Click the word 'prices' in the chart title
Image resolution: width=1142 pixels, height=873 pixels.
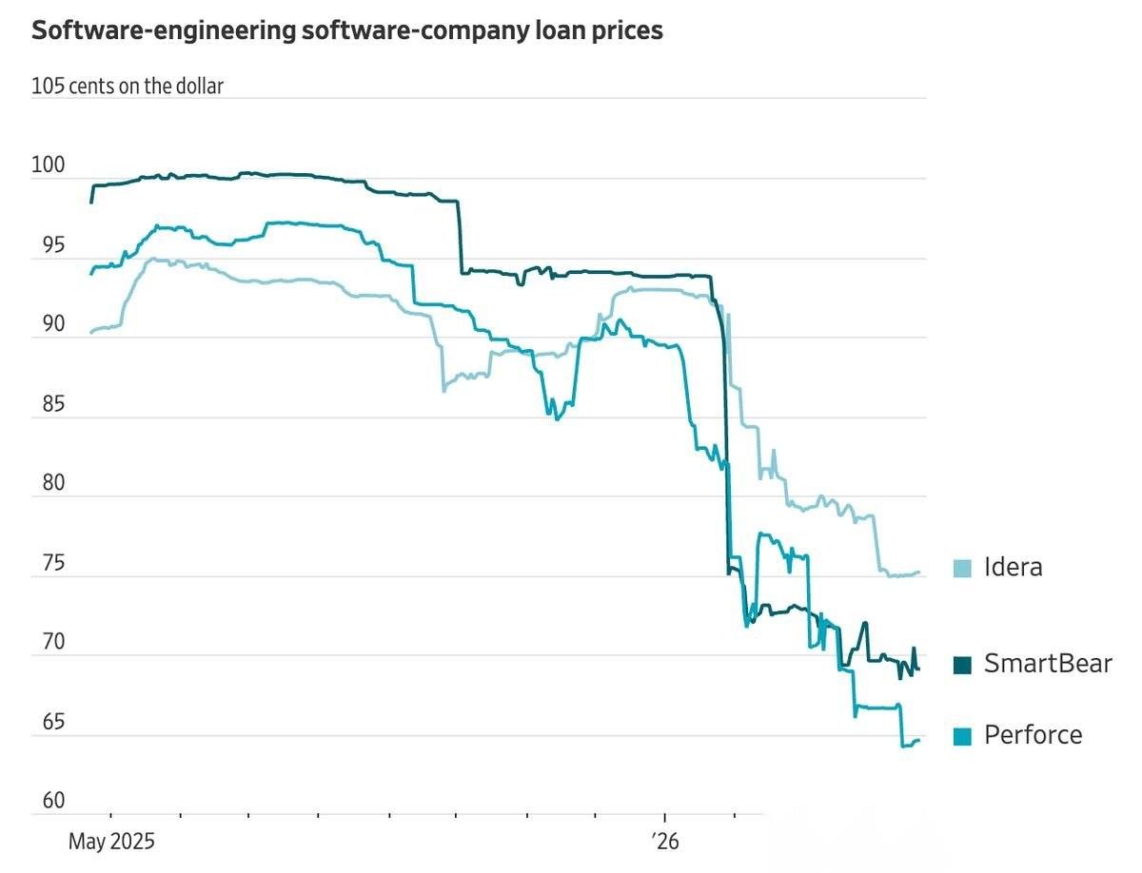[620, 30]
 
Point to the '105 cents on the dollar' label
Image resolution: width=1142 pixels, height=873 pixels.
[128, 87]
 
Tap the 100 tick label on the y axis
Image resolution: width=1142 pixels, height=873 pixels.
[48, 165]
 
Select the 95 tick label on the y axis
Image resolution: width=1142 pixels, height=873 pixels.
[48, 245]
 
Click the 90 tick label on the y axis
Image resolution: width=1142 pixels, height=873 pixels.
[48, 324]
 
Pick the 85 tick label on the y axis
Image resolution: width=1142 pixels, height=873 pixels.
[48, 404]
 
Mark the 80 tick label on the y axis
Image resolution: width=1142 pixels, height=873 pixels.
[48, 483]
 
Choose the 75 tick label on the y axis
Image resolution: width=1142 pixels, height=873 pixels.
[48, 563]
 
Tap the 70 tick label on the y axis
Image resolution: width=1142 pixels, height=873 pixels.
[48, 642]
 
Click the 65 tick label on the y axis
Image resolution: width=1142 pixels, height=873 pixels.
[48, 722]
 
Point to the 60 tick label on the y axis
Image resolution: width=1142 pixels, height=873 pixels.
[48, 801]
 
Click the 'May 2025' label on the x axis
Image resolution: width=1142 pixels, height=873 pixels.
[110, 842]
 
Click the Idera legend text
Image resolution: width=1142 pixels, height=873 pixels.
[1014, 568]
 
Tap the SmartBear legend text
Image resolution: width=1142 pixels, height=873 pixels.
[1048, 664]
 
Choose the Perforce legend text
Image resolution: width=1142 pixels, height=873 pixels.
[1033, 735]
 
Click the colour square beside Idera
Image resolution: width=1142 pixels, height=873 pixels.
[963, 569]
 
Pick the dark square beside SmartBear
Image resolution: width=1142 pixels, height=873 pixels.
[963, 665]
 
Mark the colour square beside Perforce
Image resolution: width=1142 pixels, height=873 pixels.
[963, 736]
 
